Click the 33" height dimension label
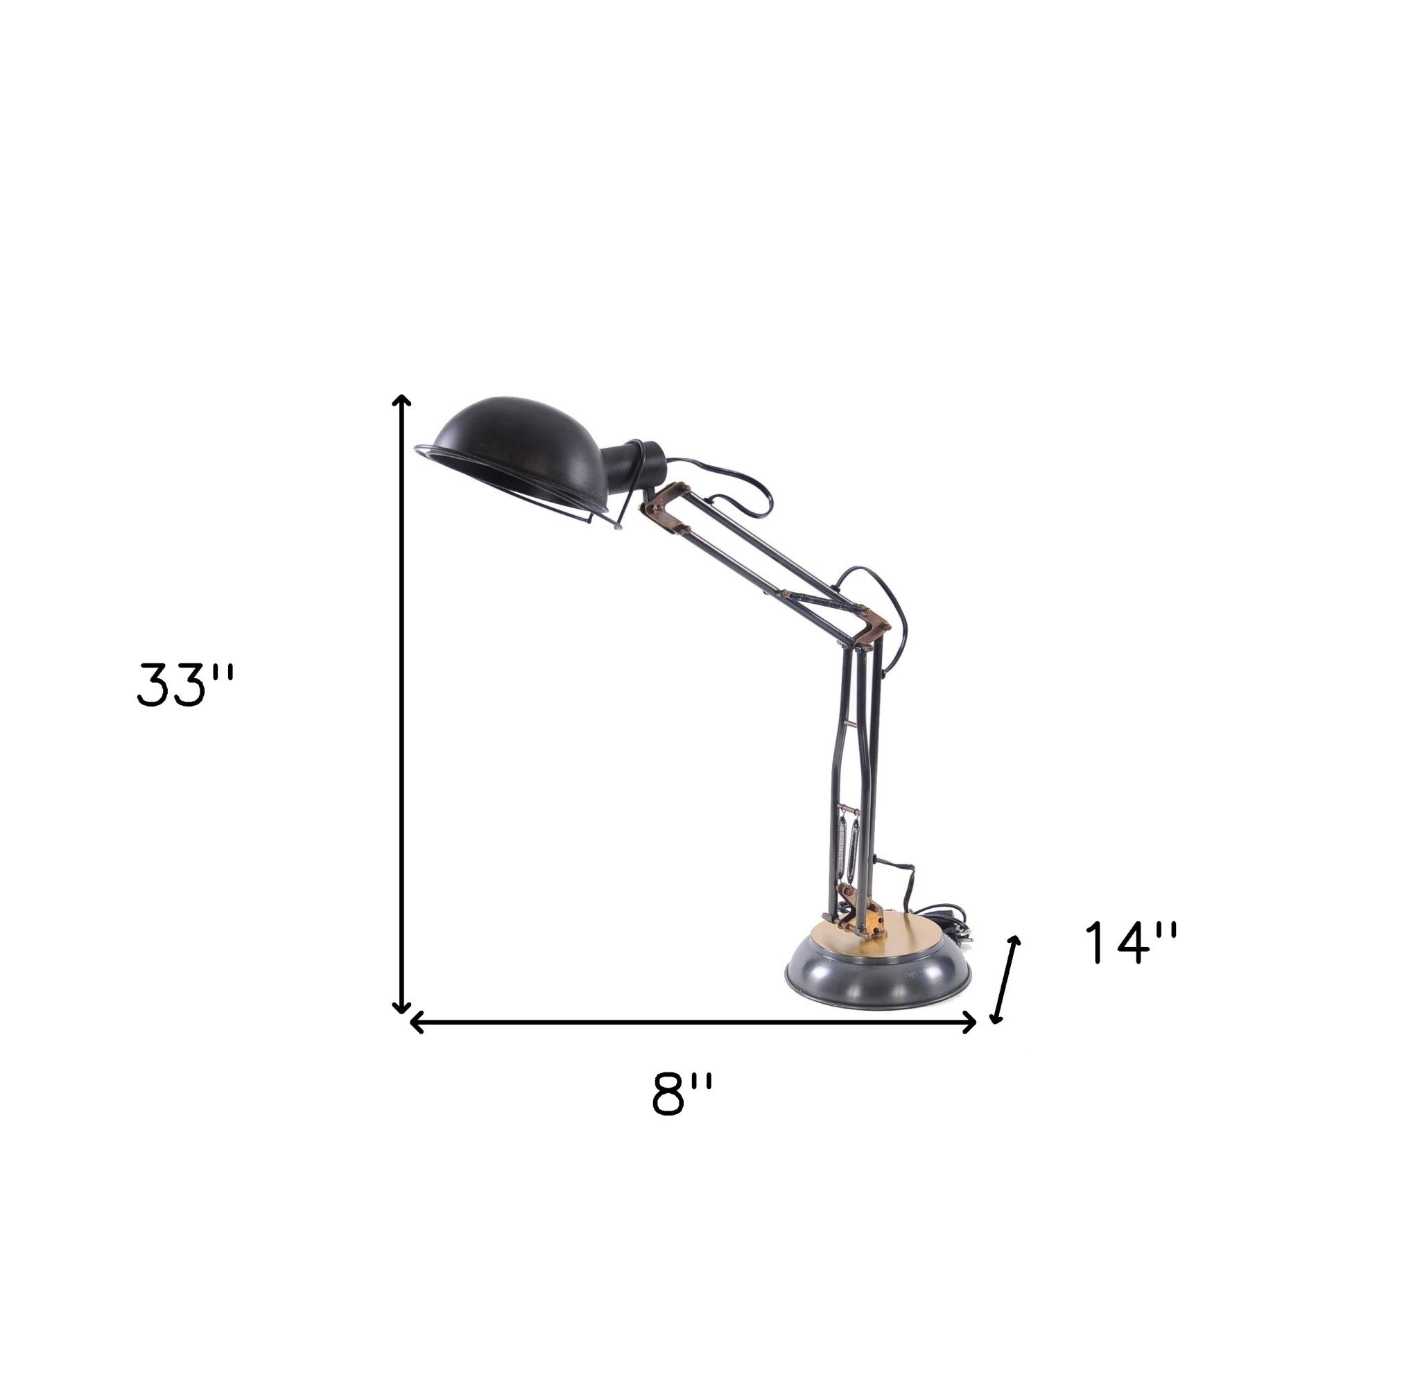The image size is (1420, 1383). [185, 684]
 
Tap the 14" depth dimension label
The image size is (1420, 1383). [1130, 943]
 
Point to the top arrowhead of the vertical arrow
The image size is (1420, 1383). [401, 400]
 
